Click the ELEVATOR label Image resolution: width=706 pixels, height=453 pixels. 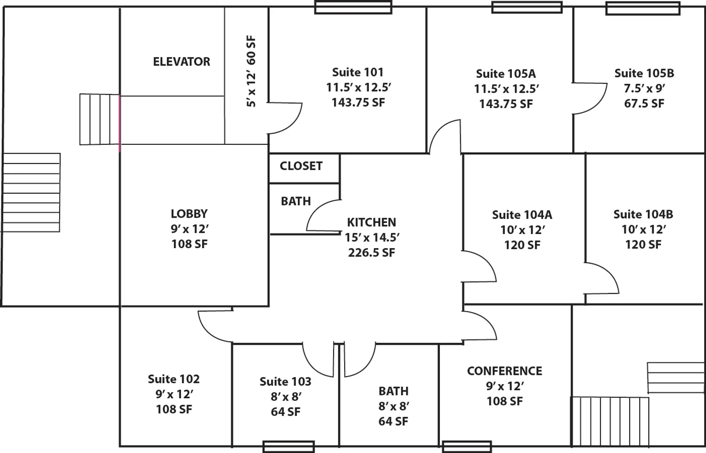point(181,62)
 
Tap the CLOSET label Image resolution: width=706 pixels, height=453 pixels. point(301,166)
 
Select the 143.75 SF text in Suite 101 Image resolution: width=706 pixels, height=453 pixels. point(358,102)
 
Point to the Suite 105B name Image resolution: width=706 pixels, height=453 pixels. point(644,73)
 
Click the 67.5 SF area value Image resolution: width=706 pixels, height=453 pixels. point(644,103)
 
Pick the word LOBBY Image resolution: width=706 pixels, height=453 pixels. point(189,214)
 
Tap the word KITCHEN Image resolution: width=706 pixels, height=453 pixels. point(371,222)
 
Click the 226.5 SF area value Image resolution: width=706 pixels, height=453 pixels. point(371,253)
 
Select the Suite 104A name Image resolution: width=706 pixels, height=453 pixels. point(522,215)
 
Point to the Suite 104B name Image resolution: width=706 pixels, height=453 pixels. point(643,215)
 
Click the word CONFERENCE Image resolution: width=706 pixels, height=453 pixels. point(504,371)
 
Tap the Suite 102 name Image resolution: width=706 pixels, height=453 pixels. point(173,379)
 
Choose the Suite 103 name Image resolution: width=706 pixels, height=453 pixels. point(285,381)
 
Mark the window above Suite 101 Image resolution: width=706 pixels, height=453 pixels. point(353,8)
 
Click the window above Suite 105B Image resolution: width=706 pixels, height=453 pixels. point(642,8)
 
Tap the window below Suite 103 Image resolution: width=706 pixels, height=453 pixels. point(288,446)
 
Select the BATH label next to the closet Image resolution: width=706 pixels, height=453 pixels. point(296,201)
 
